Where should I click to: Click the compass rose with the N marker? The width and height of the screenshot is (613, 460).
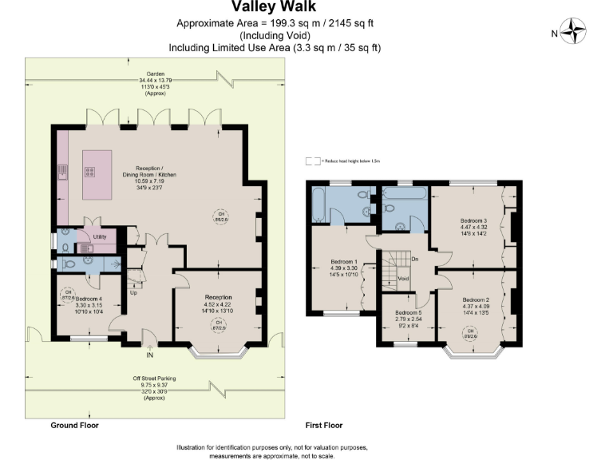[573, 33]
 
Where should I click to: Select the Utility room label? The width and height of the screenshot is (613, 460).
[100, 237]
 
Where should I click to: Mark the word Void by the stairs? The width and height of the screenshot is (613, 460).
[403, 279]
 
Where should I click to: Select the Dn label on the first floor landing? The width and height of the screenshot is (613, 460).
[414, 260]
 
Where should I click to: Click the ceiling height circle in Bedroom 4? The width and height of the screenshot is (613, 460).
[68, 292]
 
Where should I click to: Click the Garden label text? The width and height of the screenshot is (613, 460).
[144, 73]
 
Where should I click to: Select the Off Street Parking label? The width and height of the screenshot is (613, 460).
[154, 378]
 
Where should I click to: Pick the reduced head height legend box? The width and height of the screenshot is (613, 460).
[312, 161]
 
